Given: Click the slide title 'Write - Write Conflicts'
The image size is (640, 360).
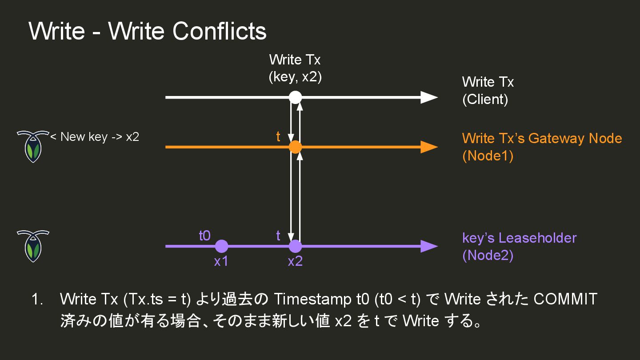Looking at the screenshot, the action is point(147,31).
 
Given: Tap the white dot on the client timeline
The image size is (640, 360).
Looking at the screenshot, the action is point(295,97).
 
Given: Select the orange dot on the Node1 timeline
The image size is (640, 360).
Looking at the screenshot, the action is point(295,147).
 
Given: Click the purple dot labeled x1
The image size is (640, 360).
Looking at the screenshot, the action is point(221,246).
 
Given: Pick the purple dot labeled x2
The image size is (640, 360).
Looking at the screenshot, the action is point(295,246).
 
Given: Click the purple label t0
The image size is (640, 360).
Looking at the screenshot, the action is point(204,236).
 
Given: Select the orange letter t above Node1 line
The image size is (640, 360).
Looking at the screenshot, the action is point(278,137).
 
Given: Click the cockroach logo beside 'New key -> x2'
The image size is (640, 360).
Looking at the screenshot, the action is point(32,146).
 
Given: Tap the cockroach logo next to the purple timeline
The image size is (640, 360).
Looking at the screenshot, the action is point(32,246).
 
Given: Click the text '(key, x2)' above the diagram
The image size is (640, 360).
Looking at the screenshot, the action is point(295,77).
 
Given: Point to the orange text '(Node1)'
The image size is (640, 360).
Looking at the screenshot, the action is point(488,156).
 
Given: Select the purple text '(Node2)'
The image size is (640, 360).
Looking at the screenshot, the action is point(488,256).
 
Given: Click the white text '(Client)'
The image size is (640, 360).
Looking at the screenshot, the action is point(485,99).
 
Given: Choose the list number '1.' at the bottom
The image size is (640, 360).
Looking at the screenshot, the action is point(37,300).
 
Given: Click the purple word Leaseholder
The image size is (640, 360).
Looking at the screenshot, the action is point(537,238).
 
